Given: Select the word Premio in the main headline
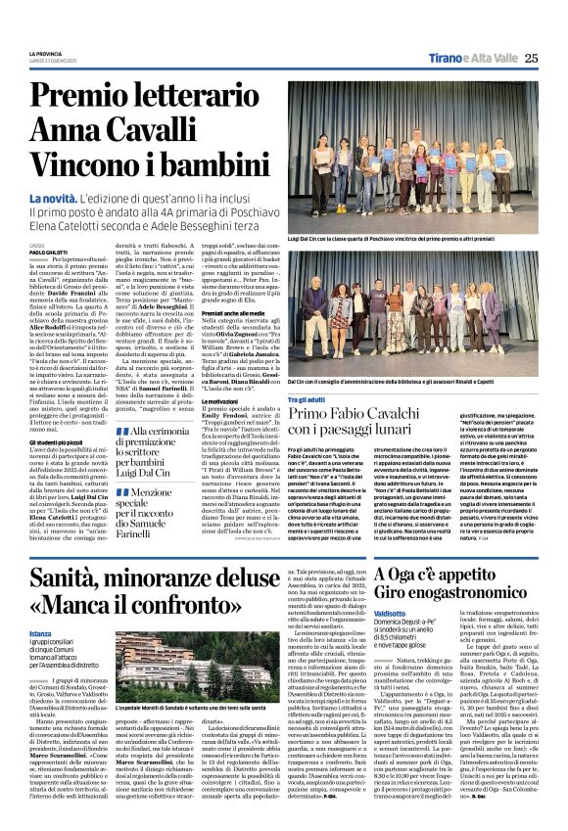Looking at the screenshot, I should click(84, 96).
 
